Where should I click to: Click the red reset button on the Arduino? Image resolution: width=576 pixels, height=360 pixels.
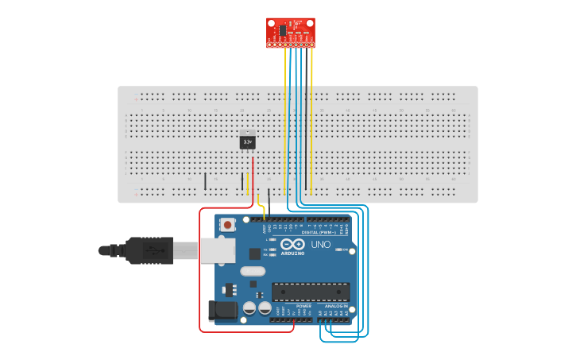tap(228, 225)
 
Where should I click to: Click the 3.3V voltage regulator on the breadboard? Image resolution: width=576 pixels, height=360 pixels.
tap(247, 141)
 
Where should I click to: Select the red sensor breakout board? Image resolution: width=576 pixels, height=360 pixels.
tap(291, 33)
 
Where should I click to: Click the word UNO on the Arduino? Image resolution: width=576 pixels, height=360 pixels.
tap(321, 245)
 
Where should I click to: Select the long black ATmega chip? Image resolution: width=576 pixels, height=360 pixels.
tap(310, 292)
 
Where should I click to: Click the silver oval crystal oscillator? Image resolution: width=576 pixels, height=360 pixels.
tap(253, 271)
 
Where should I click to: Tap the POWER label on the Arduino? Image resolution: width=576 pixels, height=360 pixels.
tap(303, 305)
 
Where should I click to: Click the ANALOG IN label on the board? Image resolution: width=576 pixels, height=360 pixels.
tap(336, 305)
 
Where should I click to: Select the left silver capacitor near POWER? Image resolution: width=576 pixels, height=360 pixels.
tap(249, 307)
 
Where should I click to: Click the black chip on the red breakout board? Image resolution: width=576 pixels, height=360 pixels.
tap(282, 29)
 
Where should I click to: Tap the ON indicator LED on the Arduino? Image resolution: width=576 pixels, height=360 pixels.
tap(340, 250)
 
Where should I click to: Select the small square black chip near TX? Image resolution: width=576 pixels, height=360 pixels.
tap(254, 254)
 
